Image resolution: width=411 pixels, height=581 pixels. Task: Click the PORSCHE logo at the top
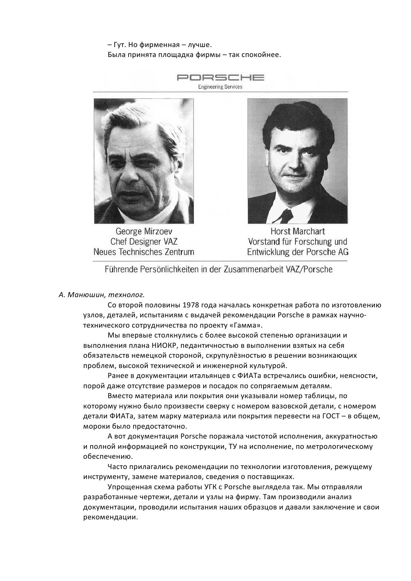[x=220, y=78]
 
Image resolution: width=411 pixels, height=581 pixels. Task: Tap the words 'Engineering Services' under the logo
[x=220, y=87]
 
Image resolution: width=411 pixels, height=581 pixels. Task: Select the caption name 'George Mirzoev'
[x=144, y=231]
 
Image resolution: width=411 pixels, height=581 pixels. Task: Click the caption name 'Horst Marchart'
[x=298, y=231]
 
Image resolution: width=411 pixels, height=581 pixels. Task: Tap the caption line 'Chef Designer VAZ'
[x=144, y=241]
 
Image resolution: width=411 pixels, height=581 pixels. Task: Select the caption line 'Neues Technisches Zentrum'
[x=144, y=252]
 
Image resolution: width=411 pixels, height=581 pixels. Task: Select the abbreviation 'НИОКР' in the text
[x=164, y=345]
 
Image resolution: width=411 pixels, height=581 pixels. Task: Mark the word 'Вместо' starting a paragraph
[x=120, y=396]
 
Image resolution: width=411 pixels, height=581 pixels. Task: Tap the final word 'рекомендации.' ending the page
[x=110, y=517]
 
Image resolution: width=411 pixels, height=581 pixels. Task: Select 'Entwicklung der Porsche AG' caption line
[x=298, y=252]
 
